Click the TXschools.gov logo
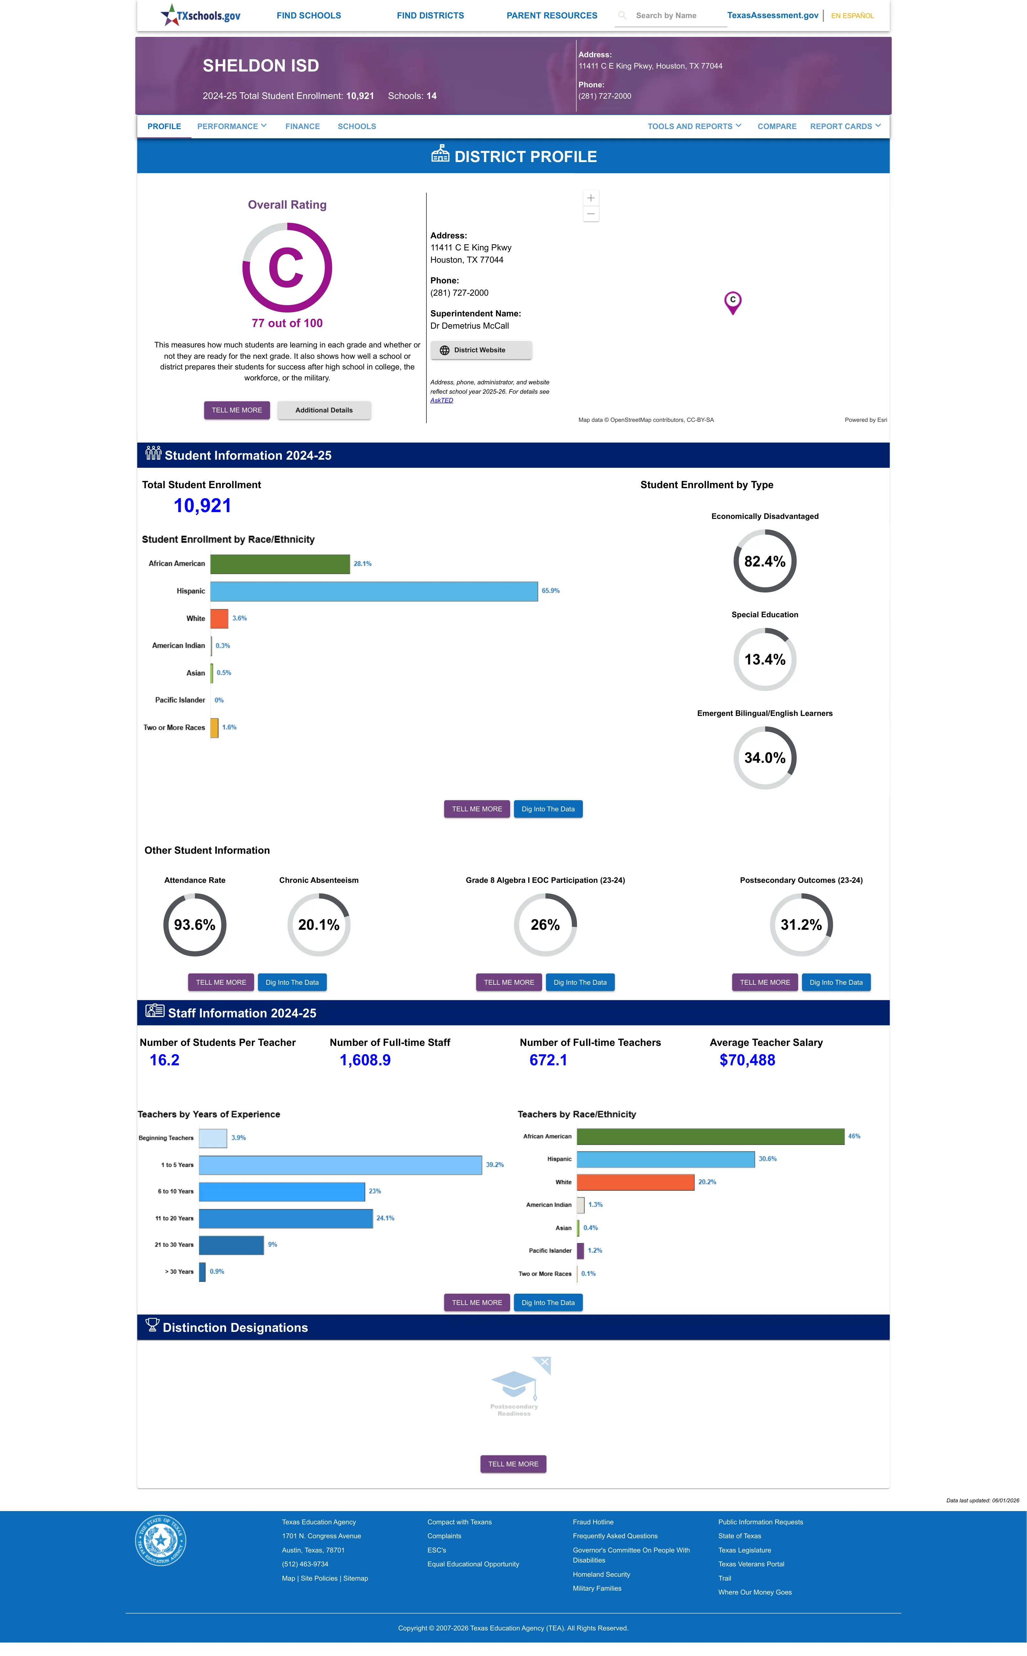pos(200,15)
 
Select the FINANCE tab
pos(302,126)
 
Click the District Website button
pos(481,350)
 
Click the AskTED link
pos(442,400)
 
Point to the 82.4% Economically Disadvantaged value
pos(765,561)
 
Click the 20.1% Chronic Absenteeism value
pos(318,925)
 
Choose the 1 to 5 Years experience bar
pos(340,1165)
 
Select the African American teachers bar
pos(711,1136)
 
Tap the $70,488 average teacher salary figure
pos(747,1060)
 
